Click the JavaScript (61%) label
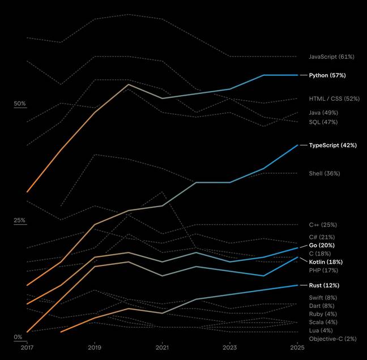pyautogui.click(x=331, y=57)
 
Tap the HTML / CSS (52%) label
pyautogui.click(x=334, y=98)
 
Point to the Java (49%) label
pyautogui.click(x=323, y=113)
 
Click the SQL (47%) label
pyautogui.click(x=323, y=122)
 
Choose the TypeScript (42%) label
pyautogui.click(x=332, y=145)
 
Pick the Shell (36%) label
pyautogui.click(x=324, y=173)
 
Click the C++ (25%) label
pyautogui.click(x=322, y=225)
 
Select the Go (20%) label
pyautogui.click(x=322, y=246)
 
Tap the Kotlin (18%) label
pyautogui.click(x=326, y=262)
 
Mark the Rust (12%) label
pyautogui.click(x=324, y=285)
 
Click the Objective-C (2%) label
pyautogui.click(x=332, y=338)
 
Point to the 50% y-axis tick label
pyautogui.click(x=20, y=104)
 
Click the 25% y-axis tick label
pyautogui.click(x=20, y=220)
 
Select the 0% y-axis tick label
pyautogui.click(x=18, y=337)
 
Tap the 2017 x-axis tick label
pyautogui.click(x=27, y=347)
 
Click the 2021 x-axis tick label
pyautogui.click(x=163, y=347)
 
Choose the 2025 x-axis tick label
pyautogui.click(x=298, y=347)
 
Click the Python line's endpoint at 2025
pyautogui.click(x=298, y=75)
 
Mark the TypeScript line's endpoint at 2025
pyautogui.click(x=298, y=145)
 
